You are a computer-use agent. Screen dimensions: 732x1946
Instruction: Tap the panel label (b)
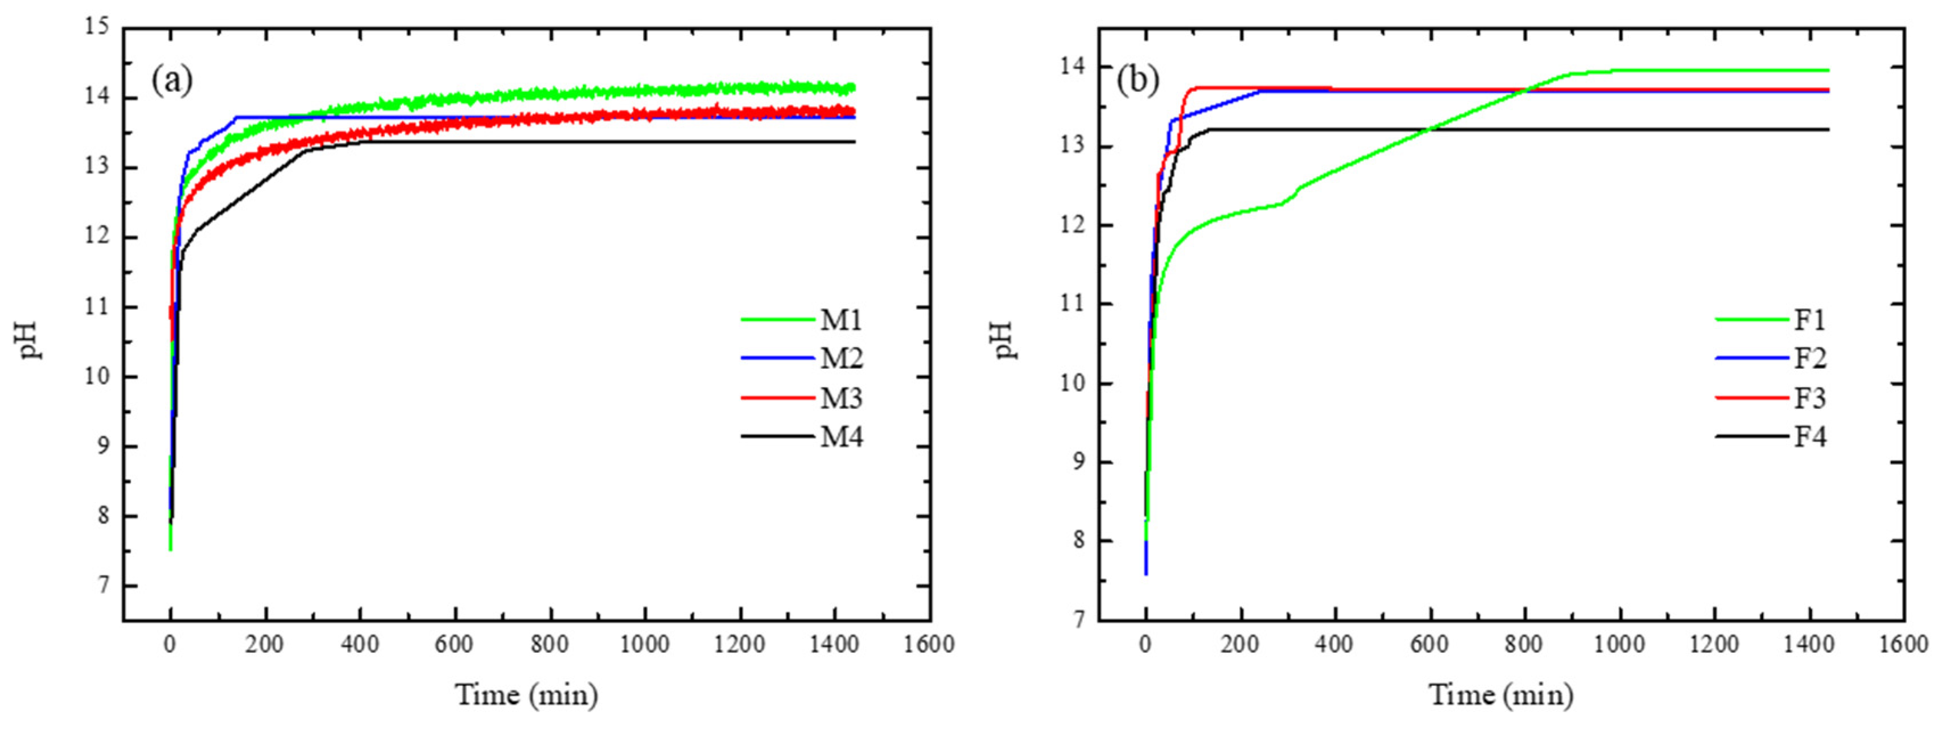click(x=1137, y=80)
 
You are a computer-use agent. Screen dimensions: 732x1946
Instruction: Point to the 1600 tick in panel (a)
click(x=929, y=644)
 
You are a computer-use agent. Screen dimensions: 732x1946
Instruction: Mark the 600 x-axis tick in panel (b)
click(x=1429, y=644)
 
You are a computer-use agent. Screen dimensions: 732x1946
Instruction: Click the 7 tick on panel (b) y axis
click(x=1079, y=620)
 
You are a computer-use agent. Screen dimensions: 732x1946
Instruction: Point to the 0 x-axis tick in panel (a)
click(x=170, y=644)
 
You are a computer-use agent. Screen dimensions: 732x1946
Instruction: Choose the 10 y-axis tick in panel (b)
click(x=1073, y=383)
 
